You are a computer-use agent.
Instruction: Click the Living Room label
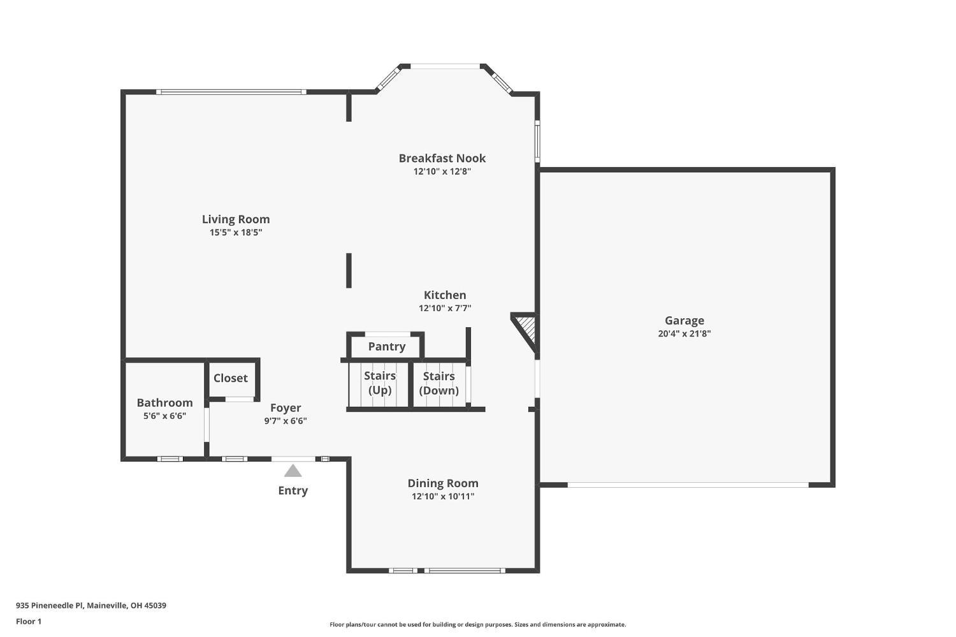[236, 219]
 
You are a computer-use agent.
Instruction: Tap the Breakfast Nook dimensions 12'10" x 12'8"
[442, 172]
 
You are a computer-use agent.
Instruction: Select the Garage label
[684, 321]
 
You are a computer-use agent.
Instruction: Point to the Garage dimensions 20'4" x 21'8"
[684, 333]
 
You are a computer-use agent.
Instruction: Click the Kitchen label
[445, 295]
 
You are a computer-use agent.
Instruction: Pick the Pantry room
[386, 346]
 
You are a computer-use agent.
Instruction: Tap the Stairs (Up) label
[380, 383]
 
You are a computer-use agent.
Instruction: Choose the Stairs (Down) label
[439, 383]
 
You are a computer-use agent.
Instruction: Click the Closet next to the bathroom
[230, 378]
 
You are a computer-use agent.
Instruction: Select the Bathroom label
[164, 402]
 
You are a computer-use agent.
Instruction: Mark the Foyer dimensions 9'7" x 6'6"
[286, 421]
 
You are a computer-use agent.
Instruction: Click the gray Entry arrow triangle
[293, 471]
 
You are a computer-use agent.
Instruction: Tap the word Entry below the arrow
[293, 490]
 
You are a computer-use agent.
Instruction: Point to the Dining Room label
[443, 483]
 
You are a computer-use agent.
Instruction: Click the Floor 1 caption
[29, 621]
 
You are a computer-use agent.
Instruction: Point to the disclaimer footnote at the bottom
[477, 625]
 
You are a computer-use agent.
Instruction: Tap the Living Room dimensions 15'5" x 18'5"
[236, 233]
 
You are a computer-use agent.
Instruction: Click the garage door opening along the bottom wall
[688, 485]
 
